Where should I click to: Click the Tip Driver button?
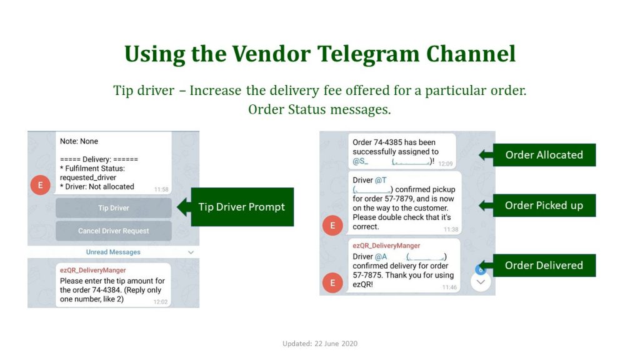click(x=114, y=207)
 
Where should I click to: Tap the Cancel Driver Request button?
click(x=114, y=231)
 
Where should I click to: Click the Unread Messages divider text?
click(x=113, y=252)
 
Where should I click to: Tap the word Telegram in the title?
click(x=369, y=54)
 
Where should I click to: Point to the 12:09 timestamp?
click(x=445, y=164)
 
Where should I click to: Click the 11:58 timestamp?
click(x=161, y=189)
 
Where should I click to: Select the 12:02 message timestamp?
click(x=161, y=302)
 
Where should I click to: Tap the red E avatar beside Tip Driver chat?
click(x=41, y=185)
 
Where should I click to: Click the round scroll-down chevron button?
click(x=481, y=282)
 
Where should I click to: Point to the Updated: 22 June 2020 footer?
click(x=320, y=344)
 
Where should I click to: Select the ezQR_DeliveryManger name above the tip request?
click(x=92, y=270)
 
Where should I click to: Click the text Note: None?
click(x=79, y=141)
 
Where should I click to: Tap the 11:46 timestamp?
click(x=449, y=287)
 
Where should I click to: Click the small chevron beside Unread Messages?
click(x=191, y=252)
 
